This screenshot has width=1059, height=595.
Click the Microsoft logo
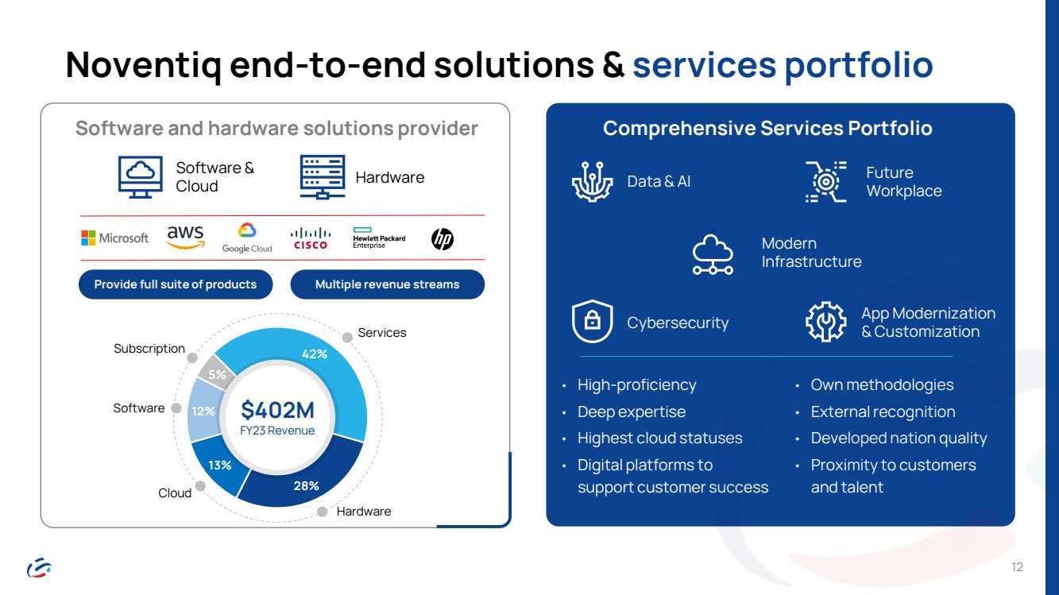[115, 238]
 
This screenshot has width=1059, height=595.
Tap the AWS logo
[185, 237]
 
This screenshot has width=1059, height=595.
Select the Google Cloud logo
[247, 238]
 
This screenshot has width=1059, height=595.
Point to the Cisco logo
[310, 238]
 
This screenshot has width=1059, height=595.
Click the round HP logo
[443, 238]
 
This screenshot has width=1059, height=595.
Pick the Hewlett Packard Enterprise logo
[379, 238]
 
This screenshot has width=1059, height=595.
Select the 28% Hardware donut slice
[303, 482]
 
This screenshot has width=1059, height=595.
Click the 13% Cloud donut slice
[218, 466]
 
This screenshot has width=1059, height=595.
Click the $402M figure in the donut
[277, 410]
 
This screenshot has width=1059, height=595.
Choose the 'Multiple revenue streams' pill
[387, 284]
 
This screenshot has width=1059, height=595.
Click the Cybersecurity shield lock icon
[592, 322]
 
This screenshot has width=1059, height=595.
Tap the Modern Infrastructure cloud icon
[713, 255]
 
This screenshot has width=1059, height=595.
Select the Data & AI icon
[592, 181]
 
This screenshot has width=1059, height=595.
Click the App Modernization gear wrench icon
[825, 322]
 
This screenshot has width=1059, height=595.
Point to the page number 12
[1018, 566]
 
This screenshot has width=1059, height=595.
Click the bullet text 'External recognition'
[883, 411]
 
